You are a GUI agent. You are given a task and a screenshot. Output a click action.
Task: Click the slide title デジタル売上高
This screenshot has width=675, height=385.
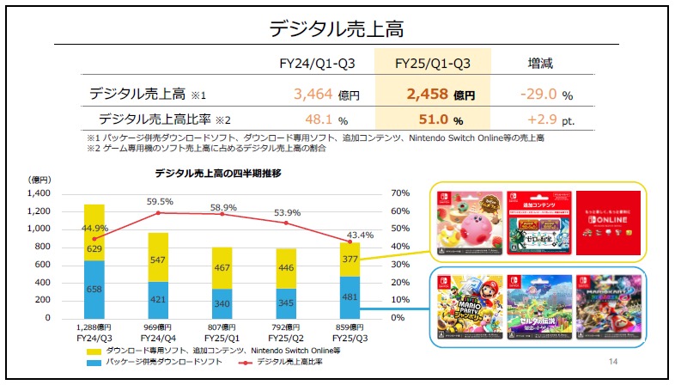(x=337, y=27)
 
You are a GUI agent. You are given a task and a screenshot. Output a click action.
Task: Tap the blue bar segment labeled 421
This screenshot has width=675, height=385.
(x=158, y=299)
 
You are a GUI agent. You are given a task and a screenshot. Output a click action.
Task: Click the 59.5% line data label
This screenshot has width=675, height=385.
(x=158, y=202)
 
